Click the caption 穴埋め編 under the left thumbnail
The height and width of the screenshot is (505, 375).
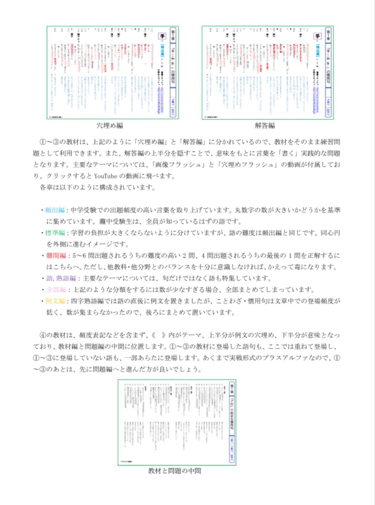click(110, 126)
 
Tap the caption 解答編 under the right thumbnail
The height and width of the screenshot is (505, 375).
click(265, 126)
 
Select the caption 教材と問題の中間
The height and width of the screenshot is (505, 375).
click(175, 471)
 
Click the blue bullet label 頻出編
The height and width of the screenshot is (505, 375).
click(55, 210)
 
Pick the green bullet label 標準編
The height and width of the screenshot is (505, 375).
click(55, 233)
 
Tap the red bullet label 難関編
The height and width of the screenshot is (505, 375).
click(56, 256)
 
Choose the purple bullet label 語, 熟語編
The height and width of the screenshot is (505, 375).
click(61, 278)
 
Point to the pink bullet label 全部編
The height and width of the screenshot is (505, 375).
click(56, 290)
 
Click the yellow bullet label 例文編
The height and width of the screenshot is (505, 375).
click(55, 301)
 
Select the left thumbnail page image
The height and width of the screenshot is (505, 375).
click(113, 73)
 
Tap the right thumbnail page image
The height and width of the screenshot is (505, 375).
click(267, 73)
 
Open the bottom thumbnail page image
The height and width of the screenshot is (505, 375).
click(177, 422)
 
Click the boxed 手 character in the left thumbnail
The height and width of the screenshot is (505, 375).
click(162, 36)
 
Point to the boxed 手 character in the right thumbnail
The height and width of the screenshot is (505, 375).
click(317, 36)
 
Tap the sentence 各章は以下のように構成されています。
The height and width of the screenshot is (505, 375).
click(97, 187)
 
